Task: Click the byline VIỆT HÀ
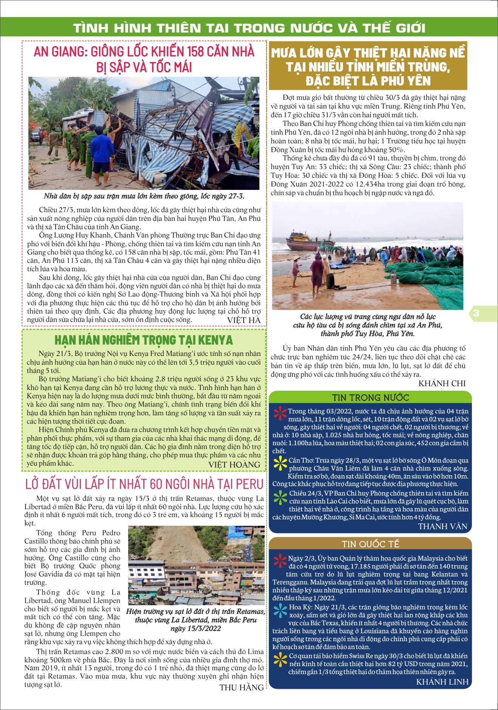point(244,320)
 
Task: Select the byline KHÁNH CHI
point(442,383)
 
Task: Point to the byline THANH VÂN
point(443,526)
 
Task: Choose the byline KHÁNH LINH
point(442,682)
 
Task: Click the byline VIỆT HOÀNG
point(234,465)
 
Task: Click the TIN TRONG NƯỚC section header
point(370,397)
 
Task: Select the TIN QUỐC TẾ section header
point(370,544)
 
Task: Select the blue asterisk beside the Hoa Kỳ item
point(280,610)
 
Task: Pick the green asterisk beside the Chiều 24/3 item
point(280,497)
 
